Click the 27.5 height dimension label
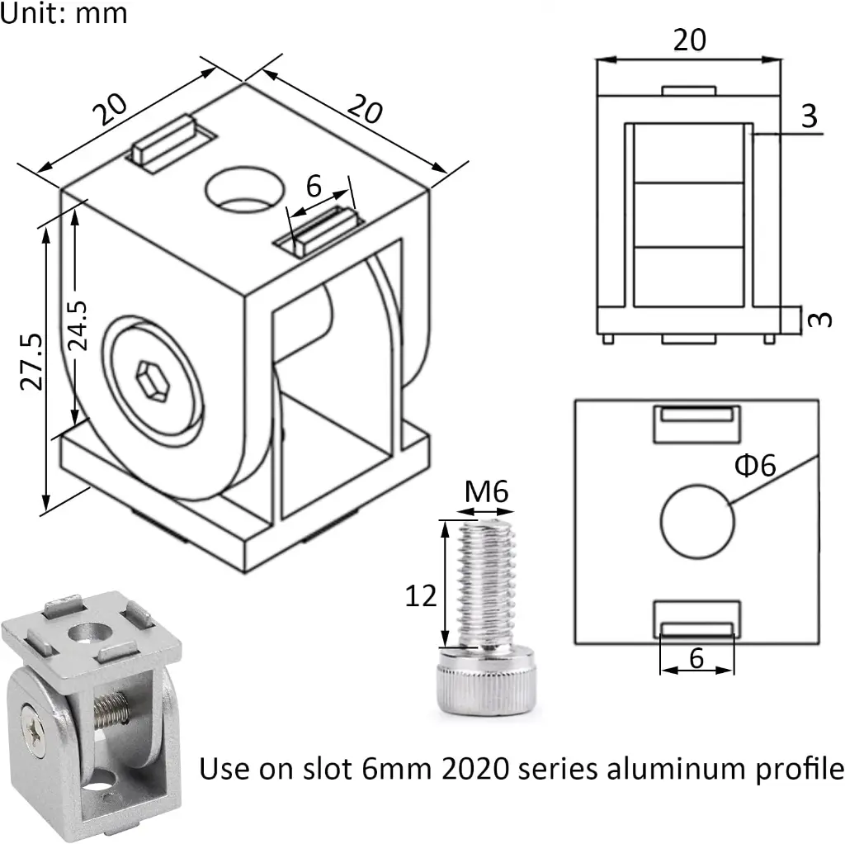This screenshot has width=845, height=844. (31, 361)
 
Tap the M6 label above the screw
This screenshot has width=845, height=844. (486, 493)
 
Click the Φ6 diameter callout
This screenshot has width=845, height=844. (754, 466)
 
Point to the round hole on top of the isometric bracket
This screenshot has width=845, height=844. (242, 187)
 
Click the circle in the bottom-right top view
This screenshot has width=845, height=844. (697, 521)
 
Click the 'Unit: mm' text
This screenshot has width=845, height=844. (64, 14)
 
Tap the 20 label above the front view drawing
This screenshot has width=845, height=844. (690, 40)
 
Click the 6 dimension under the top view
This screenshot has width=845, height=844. (696, 658)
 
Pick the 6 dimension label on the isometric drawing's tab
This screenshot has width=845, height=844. (314, 187)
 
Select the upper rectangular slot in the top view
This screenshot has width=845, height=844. (696, 424)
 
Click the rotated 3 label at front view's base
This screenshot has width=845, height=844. (817, 319)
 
